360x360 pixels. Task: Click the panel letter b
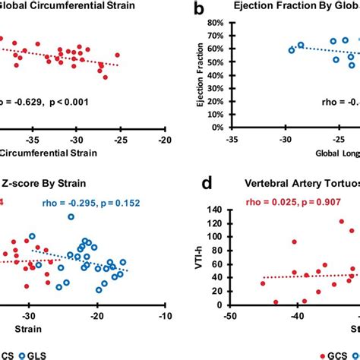pyautogui.click(x=197, y=11)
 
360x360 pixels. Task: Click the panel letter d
pyautogui.click(x=197, y=185)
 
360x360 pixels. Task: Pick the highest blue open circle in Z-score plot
pyautogui.click(x=71, y=217)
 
